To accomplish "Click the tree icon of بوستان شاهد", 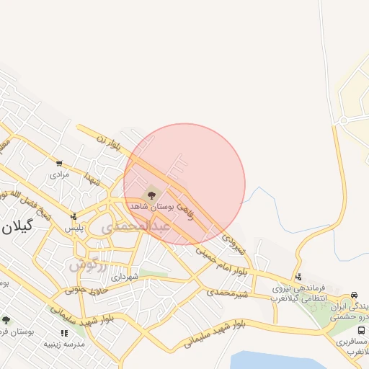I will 151,194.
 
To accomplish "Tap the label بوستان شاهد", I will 149,206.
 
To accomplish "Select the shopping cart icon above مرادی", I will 59,164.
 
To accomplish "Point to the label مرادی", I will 59,174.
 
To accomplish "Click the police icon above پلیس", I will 74,216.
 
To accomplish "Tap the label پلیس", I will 74,228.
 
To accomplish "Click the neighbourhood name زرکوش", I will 88,265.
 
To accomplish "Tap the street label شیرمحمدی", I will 228,293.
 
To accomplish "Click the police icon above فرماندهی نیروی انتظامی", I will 298,277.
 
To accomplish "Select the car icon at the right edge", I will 354,295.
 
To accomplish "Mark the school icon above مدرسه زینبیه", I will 64,333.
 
